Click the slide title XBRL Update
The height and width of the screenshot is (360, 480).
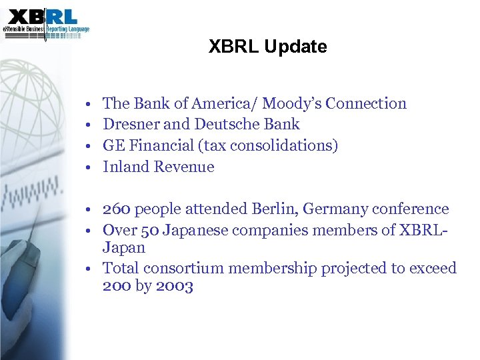[x=267, y=47]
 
